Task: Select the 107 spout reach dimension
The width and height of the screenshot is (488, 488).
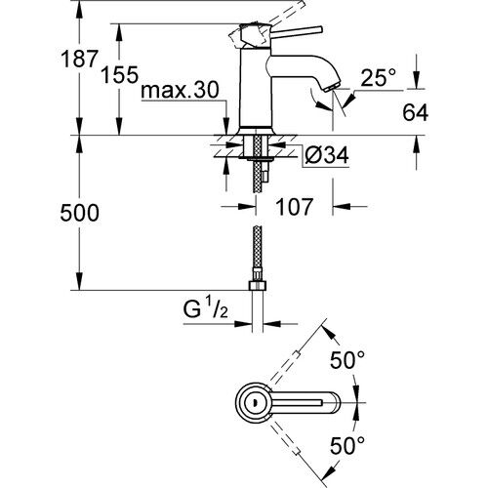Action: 295,208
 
